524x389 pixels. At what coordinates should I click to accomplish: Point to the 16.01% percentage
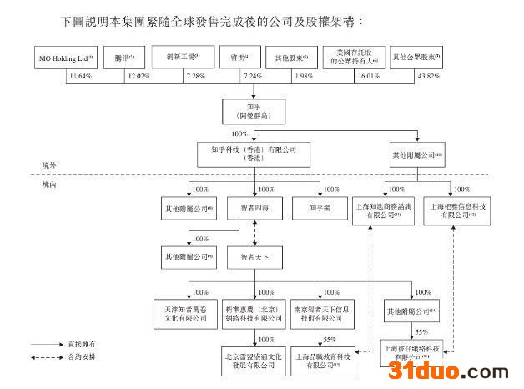coord(365,77)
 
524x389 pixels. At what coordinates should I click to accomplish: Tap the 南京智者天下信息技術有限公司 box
coord(320,312)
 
